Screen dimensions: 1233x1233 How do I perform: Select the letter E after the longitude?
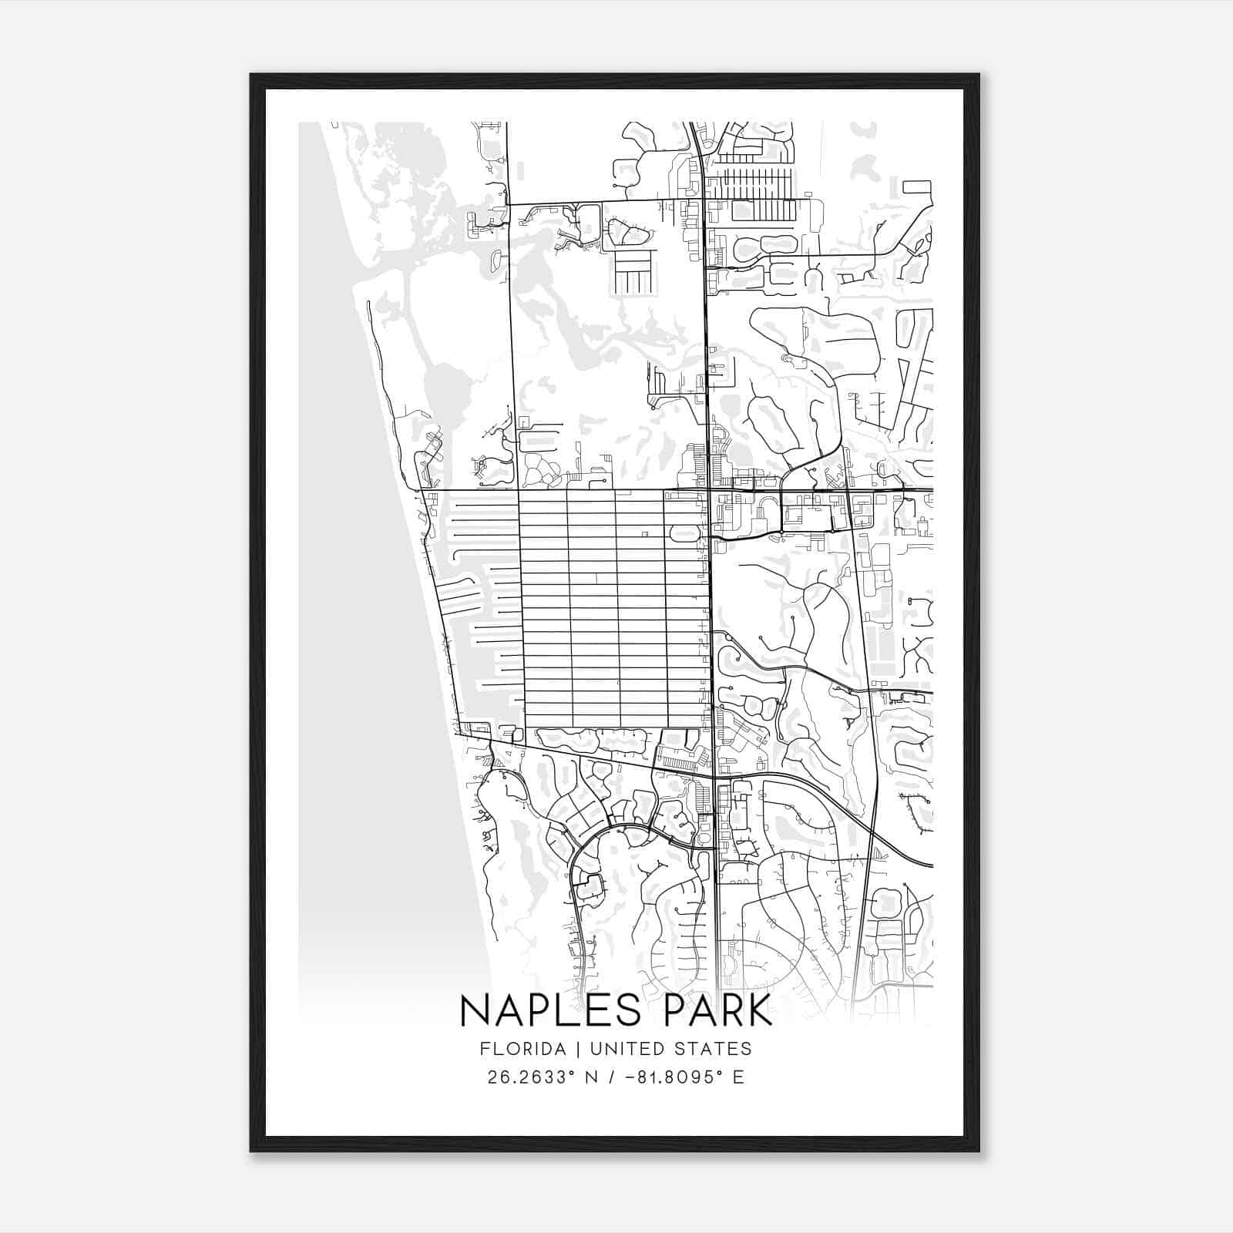[x=739, y=1077]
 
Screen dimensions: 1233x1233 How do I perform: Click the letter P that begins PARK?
[x=680, y=1010]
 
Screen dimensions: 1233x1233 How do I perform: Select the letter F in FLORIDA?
[x=484, y=1049]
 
